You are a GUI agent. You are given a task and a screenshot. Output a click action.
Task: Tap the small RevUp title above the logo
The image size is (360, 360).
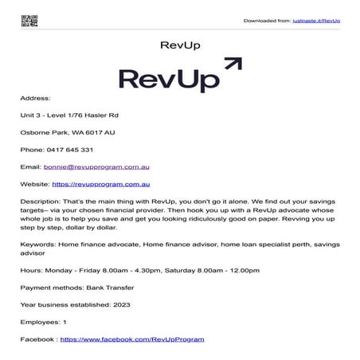[x=179, y=45]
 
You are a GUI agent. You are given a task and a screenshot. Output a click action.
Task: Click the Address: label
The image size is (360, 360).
[x=35, y=99]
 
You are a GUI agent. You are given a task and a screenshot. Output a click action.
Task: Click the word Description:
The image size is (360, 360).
[x=40, y=202]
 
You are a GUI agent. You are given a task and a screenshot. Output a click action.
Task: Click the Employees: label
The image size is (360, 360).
[x=40, y=322]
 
